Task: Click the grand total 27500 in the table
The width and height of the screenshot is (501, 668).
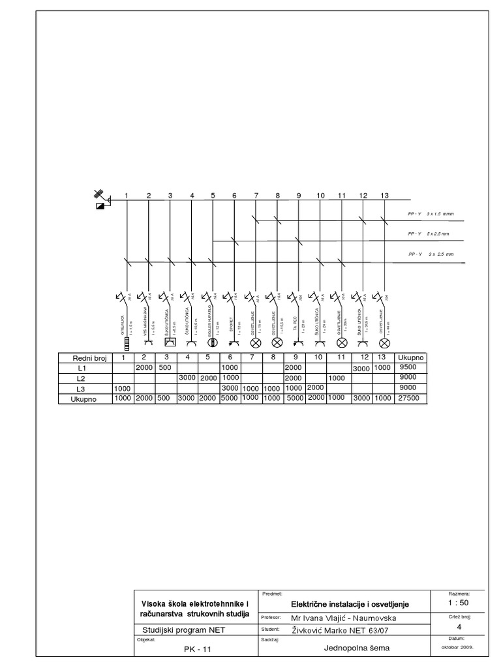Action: pos(411,399)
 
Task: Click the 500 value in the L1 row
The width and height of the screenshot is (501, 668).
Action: pos(164,367)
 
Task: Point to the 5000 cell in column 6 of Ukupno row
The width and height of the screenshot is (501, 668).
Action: pos(230,399)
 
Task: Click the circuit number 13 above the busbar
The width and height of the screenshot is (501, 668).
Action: pos(384,196)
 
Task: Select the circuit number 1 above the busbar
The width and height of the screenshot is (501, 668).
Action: pos(127,196)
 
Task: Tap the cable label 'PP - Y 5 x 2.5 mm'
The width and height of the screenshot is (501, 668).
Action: pos(429,234)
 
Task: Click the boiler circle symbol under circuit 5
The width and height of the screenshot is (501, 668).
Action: pos(212,341)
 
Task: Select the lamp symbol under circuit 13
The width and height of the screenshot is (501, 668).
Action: pos(384,342)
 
